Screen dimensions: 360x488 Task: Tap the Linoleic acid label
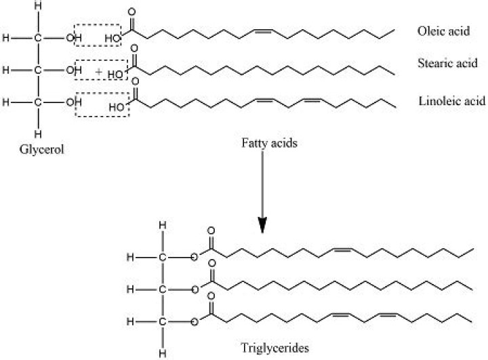click(451, 101)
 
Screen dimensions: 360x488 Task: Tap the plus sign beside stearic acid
click(98, 71)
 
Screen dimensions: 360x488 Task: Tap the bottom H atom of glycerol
click(39, 133)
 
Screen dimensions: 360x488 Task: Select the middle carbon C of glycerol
click(39, 69)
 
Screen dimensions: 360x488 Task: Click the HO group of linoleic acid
click(116, 106)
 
